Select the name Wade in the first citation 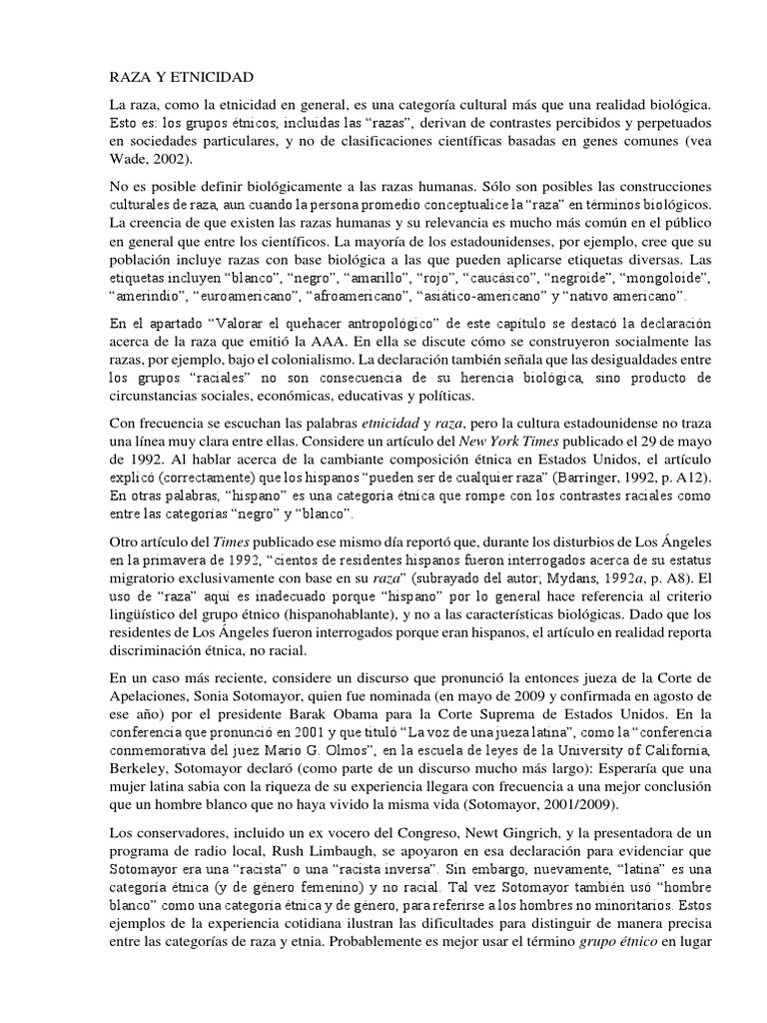click(128, 159)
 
